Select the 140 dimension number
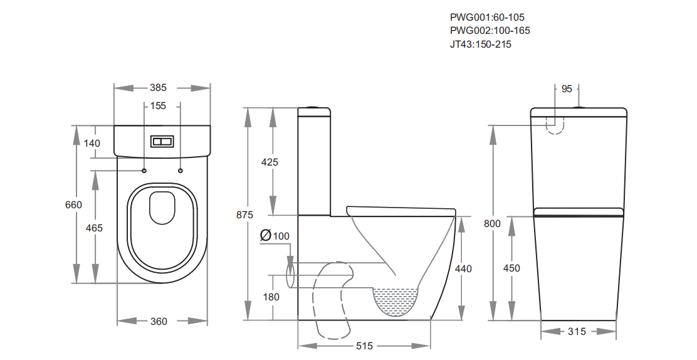[92, 143]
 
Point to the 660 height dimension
[74, 204]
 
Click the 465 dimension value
[94, 228]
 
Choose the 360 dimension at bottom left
[159, 321]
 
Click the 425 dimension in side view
[270, 162]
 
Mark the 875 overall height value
[245, 214]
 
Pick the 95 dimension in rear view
[567, 89]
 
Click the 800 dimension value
[493, 223]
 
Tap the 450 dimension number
[511, 268]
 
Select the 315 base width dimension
[577, 331]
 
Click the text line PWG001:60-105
[487, 17]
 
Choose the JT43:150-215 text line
[481, 44]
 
